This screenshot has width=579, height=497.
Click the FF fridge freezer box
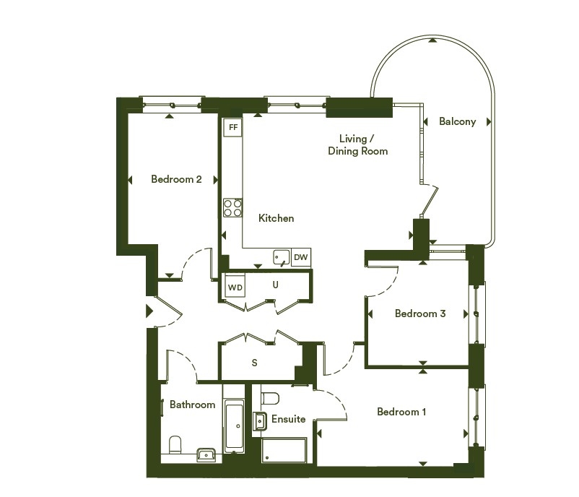233,127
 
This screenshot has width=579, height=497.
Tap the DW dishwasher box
301,257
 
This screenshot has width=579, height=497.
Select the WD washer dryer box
235,287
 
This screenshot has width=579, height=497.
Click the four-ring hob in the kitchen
233,208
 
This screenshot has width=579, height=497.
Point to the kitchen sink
282,258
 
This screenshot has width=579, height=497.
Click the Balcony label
457,121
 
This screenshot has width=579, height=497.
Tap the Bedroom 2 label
176,179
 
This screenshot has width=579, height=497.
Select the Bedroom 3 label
420,314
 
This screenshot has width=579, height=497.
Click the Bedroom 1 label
401,412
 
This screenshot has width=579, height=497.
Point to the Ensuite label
288,419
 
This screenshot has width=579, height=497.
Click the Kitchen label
277,218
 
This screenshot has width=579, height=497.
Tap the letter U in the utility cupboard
275,285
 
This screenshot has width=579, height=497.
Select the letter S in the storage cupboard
254,363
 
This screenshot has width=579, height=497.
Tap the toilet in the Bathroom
175,445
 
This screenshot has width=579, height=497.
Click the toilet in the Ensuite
270,398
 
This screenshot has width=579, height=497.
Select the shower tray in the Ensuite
284,451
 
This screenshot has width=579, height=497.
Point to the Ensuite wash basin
260,421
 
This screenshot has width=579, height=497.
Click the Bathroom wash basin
206,454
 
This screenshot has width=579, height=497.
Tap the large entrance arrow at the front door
149,311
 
